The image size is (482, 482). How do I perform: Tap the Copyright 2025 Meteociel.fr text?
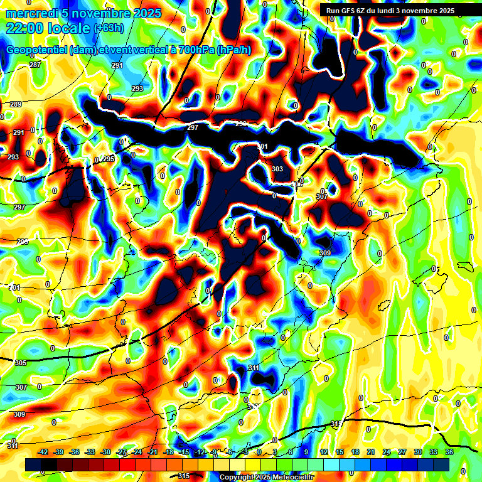coord(267,477)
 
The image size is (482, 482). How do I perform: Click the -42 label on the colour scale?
coord(43,452)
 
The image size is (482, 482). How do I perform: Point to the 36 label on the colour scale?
coord(449,452)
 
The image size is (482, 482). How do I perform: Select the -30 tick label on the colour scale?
coord(105,452)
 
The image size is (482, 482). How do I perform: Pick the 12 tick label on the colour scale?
coord(324,452)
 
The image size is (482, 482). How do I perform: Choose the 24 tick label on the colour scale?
coord(387,452)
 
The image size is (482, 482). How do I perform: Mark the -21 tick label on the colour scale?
coord(153,452)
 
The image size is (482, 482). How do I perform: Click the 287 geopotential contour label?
coord(35,65)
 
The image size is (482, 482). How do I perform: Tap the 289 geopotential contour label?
coord(16,104)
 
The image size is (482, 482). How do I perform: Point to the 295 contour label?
coord(109,159)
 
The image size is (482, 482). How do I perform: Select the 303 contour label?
coord(277,169)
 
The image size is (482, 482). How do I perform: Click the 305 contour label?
coord(21,363)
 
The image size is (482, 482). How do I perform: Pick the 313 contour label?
coord(336,424)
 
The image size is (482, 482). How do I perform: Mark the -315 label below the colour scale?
coord(183,476)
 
